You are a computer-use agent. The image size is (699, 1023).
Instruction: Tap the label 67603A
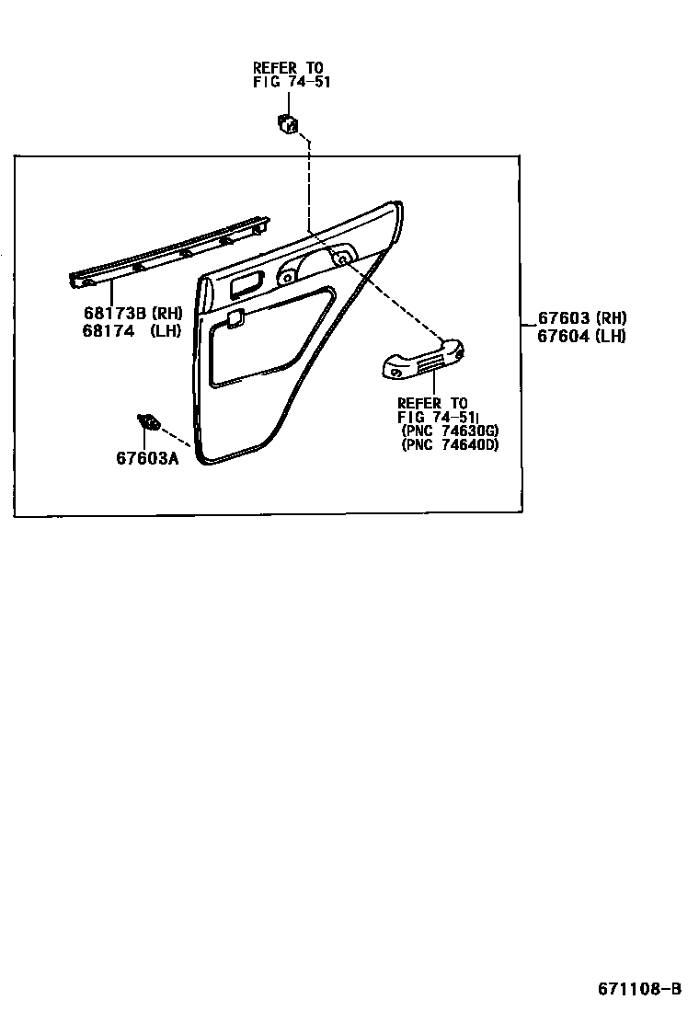click(x=146, y=457)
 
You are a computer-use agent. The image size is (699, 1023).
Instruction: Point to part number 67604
click(x=564, y=336)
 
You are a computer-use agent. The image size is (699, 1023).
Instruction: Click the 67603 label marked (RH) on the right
click(x=564, y=318)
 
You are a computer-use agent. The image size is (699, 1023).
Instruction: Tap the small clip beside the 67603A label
click(x=147, y=422)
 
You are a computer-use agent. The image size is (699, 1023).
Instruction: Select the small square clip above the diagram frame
click(x=289, y=122)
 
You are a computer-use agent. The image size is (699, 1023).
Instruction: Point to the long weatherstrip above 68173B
click(x=170, y=252)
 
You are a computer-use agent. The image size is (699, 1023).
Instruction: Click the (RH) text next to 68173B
click(x=166, y=314)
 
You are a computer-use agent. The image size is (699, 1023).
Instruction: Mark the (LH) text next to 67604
click(x=610, y=336)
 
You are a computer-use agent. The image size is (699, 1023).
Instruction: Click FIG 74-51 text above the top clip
click(x=291, y=81)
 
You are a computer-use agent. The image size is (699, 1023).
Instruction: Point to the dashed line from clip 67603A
click(x=177, y=434)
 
